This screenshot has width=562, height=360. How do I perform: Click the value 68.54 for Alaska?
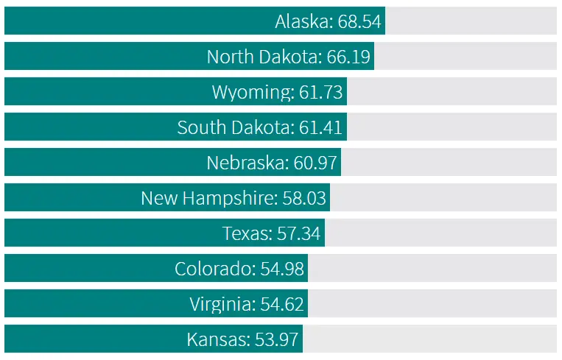click(x=359, y=21)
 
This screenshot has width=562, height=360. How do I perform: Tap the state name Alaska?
click(x=303, y=21)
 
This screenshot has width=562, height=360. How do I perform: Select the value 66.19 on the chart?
click(x=348, y=57)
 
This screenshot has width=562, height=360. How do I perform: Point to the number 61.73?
click(x=321, y=92)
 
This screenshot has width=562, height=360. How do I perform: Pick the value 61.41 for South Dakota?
click(x=321, y=127)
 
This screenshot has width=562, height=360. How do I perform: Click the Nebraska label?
click(x=246, y=163)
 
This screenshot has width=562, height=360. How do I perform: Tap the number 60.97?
click(x=315, y=163)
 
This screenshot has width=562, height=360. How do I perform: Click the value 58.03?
click(x=304, y=198)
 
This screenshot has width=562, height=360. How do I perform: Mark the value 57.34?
click(x=299, y=233)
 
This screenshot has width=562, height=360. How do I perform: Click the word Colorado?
click(x=214, y=269)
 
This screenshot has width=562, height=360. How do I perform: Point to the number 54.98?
click(x=282, y=269)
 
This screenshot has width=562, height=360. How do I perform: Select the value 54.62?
click(x=282, y=304)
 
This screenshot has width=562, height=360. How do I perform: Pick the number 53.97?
click(x=277, y=339)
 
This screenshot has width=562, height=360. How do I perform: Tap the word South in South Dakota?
click(x=199, y=127)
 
